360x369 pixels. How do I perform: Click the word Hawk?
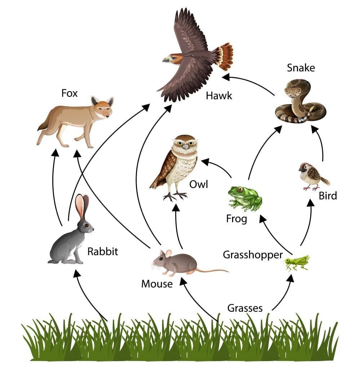point(219,95)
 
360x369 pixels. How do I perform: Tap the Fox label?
point(70,94)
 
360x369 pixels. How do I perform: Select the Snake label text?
point(301,67)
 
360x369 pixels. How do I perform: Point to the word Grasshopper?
point(253,255)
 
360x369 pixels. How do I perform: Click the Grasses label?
point(245,308)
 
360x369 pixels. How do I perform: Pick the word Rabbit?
point(102,251)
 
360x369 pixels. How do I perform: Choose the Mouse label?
point(157,284)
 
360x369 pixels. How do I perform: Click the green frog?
point(245,197)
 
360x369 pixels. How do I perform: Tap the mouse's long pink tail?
point(213,270)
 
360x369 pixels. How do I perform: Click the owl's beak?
point(185,146)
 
